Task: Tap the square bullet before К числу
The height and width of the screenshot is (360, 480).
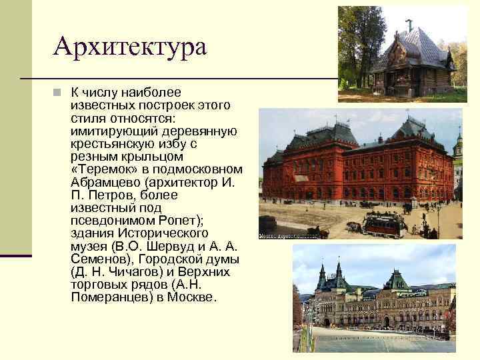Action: tap(58, 92)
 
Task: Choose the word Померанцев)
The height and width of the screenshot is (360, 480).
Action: tap(110, 297)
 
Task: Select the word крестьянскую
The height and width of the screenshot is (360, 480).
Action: tap(114, 143)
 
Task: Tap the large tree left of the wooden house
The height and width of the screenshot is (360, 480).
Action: tap(353, 40)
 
